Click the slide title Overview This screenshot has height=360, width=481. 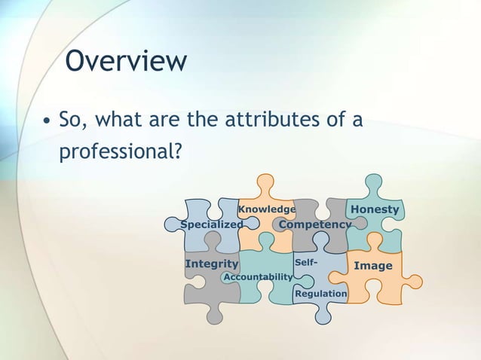[125, 61]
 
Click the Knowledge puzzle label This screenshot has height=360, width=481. [267, 209]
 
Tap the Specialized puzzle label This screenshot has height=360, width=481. [212, 224]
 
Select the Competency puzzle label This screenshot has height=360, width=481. [314, 224]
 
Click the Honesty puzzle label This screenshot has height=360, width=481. [375, 209]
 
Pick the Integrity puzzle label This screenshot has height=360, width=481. [211, 264]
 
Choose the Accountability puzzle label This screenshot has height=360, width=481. [258, 277]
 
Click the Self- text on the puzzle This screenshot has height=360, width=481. [306, 262]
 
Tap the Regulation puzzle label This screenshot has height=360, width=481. [321, 294]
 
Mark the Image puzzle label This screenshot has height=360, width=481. [373, 266]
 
